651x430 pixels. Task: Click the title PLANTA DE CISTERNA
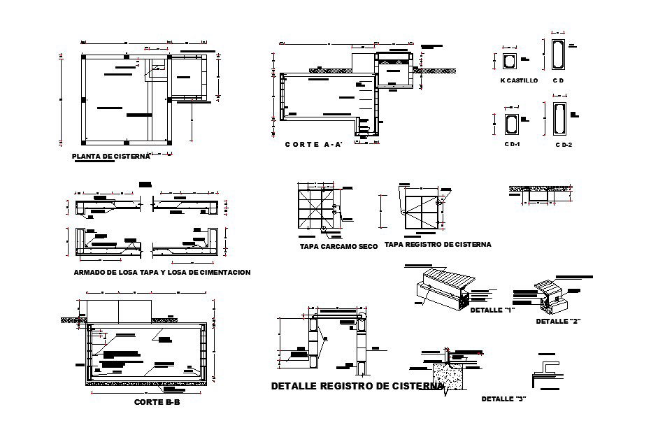click(x=112, y=157)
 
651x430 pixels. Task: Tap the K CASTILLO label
click(x=519, y=81)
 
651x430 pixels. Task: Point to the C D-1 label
click(x=513, y=144)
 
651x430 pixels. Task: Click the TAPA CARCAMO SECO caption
click(x=338, y=246)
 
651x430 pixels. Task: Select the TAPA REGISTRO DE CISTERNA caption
click(x=438, y=245)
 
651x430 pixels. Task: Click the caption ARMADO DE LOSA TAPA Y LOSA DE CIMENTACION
click(x=162, y=273)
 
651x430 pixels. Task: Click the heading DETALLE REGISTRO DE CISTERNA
click(x=357, y=386)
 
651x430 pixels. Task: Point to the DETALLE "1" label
click(x=492, y=310)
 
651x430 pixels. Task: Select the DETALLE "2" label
click(x=559, y=322)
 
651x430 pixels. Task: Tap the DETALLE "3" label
click(x=503, y=399)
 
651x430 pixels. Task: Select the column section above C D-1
click(x=512, y=124)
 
